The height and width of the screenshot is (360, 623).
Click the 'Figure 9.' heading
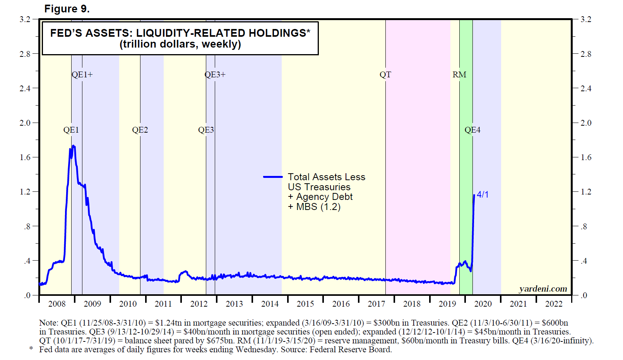[67, 9]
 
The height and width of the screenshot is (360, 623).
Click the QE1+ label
[82, 75]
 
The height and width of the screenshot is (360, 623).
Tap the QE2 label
[140, 130]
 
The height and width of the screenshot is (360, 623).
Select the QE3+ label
[215, 75]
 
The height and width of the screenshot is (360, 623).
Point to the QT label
[385, 75]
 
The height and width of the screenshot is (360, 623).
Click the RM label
[459, 75]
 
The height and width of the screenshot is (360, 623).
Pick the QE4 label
[472, 130]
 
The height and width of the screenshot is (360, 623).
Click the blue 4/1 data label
[483, 195]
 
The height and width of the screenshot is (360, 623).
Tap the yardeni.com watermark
[543, 289]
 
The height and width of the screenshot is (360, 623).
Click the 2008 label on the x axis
[57, 304]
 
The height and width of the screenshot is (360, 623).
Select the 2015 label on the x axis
[305, 304]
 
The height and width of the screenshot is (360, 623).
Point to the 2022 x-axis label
[554, 304]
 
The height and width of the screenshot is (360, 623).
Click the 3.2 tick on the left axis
[25, 19]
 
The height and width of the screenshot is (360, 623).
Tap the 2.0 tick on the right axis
[586, 123]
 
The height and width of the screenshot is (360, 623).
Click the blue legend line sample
[273, 177]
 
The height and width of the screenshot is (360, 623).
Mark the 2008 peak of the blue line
[73, 146]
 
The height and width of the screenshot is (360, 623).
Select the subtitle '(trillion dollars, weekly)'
[180, 44]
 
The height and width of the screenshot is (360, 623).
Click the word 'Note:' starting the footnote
[48, 323]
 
